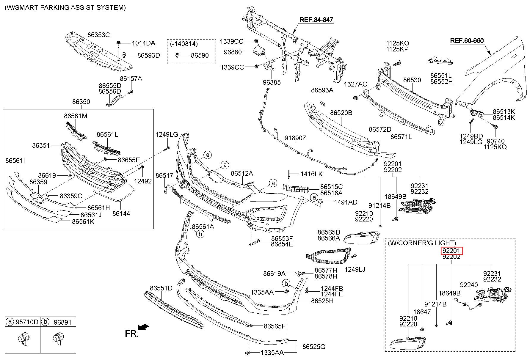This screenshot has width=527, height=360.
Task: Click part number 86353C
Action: point(98,35)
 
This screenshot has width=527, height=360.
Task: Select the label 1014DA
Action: point(143,43)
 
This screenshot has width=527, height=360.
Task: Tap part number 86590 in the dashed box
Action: point(200,55)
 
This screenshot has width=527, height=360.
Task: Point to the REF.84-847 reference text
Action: point(316,20)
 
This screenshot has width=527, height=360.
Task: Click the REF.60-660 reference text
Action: point(467,41)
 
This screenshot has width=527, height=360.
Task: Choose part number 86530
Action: point(412,80)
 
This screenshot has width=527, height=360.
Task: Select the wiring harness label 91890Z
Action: point(295,138)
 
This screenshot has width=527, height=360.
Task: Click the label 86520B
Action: point(341,113)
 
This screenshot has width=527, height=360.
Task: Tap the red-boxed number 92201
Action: point(452,251)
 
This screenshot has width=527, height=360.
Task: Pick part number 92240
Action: point(469,285)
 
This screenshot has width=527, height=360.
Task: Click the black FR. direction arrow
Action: point(144,327)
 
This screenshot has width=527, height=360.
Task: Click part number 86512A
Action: point(241,173)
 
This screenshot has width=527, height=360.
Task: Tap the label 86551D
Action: point(161,288)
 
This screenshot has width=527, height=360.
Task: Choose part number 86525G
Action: point(314,347)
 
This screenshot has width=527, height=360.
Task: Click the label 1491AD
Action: point(346,202)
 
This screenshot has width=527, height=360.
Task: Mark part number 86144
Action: point(121,213)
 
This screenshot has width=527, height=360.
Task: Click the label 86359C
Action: point(71,196)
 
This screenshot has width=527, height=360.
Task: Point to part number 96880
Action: point(233,52)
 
